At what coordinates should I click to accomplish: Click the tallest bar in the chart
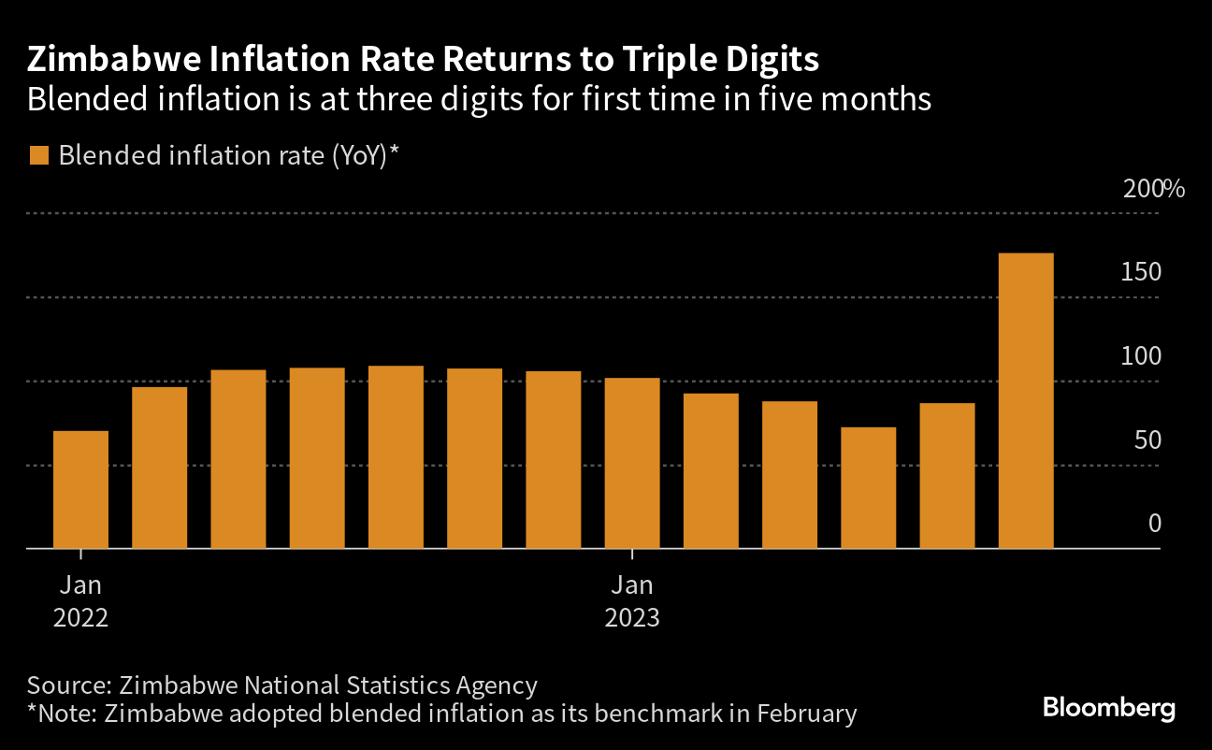click(x=1026, y=401)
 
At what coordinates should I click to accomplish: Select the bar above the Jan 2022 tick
click(x=80, y=490)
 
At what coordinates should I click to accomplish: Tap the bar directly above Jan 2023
click(x=632, y=463)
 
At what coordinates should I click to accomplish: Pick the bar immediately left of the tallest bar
click(x=947, y=476)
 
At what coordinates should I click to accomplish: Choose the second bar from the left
click(x=160, y=468)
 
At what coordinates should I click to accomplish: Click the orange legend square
click(x=39, y=155)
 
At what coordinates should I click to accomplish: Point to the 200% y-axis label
click(x=1154, y=189)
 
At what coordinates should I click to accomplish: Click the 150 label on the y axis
click(x=1141, y=272)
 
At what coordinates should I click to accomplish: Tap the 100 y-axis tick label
click(x=1141, y=356)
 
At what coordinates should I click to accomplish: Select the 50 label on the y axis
click(x=1147, y=440)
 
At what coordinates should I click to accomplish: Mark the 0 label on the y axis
click(x=1155, y=524)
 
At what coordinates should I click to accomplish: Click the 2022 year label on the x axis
click(x=80, y=618)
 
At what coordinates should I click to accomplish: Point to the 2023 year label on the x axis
click(x=632, y=618)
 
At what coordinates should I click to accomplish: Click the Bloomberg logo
click(x=1109, y=708)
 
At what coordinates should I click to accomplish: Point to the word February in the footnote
click(x=807, y=714)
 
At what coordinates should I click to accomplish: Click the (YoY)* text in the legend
click(x=366, y=156)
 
